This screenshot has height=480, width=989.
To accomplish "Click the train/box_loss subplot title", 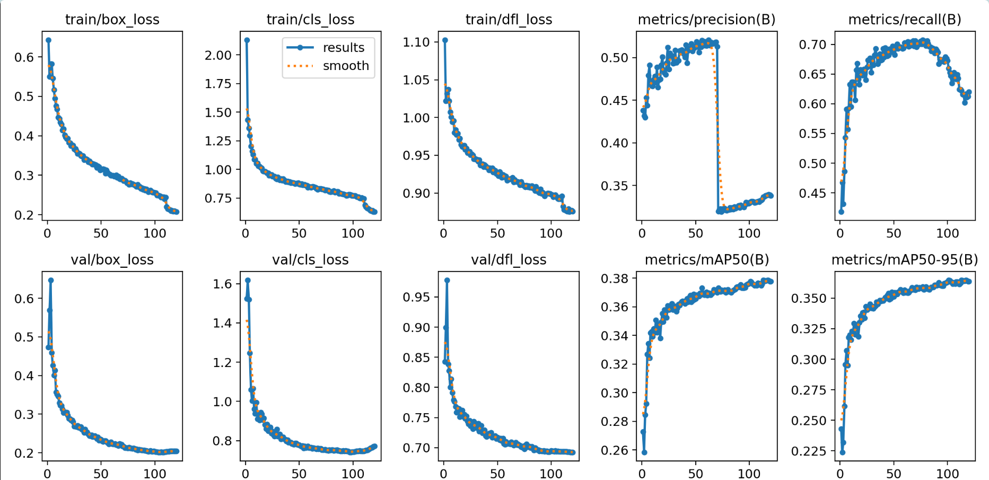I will (112, 20).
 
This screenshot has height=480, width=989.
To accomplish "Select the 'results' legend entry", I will (343, 48).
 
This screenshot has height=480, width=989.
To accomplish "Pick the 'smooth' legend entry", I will (346, 66).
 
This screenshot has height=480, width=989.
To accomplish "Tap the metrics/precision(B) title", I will (706, 20).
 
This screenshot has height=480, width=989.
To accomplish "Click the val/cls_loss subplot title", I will (310, 260).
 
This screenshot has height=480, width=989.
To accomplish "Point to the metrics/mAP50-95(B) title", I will (905, 260).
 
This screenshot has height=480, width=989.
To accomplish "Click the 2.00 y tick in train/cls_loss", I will (218, 55).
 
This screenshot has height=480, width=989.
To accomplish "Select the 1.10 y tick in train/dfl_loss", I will (416, 42).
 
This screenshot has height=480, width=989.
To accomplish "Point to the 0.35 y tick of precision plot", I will (614, 186).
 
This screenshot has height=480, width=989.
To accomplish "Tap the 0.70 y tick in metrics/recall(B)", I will (812, 45).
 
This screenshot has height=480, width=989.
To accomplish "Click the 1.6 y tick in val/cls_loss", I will (223, 284).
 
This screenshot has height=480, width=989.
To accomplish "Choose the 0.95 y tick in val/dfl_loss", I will (416, 297).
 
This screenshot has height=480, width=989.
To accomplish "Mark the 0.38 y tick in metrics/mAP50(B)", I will (614, 278).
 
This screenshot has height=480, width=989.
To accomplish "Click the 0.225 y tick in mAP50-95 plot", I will (809, 451).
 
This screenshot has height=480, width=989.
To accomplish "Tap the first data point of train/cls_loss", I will (247, 40).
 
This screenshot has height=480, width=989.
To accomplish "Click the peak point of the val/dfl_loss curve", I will (447, 280).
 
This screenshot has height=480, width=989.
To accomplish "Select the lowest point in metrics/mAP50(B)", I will (644, 452).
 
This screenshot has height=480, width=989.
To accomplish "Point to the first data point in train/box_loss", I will (48, 40).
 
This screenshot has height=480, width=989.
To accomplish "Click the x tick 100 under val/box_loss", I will (155, 473).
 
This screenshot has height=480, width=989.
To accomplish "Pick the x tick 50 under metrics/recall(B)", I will (894, 233).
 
